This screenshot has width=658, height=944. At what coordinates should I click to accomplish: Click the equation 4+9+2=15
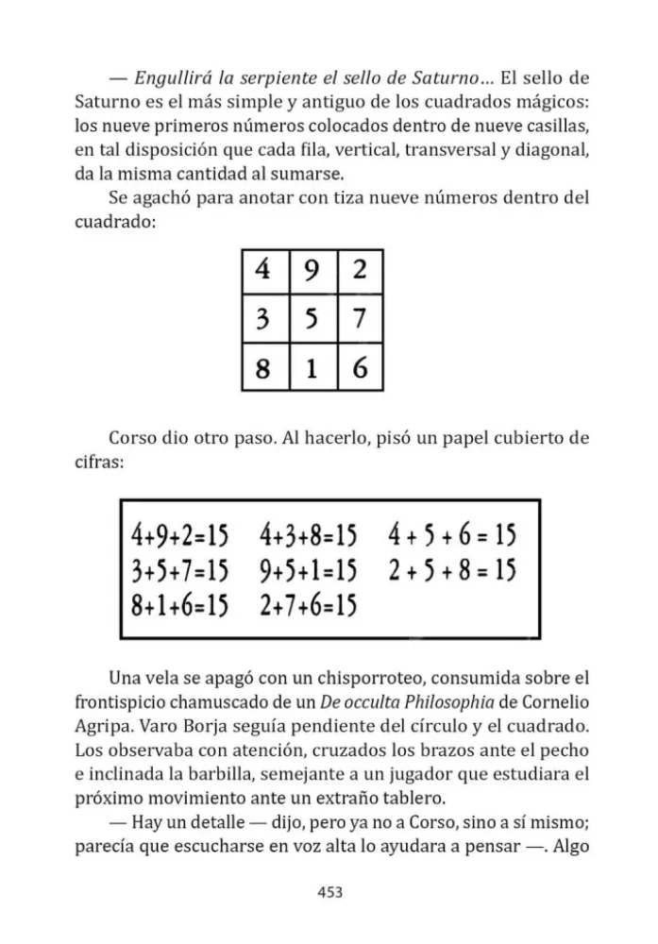(x=180, y=537)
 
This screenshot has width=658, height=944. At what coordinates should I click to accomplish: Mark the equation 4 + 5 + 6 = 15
(x=452, y=537)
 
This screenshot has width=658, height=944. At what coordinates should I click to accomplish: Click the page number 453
(x=329, y=891)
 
